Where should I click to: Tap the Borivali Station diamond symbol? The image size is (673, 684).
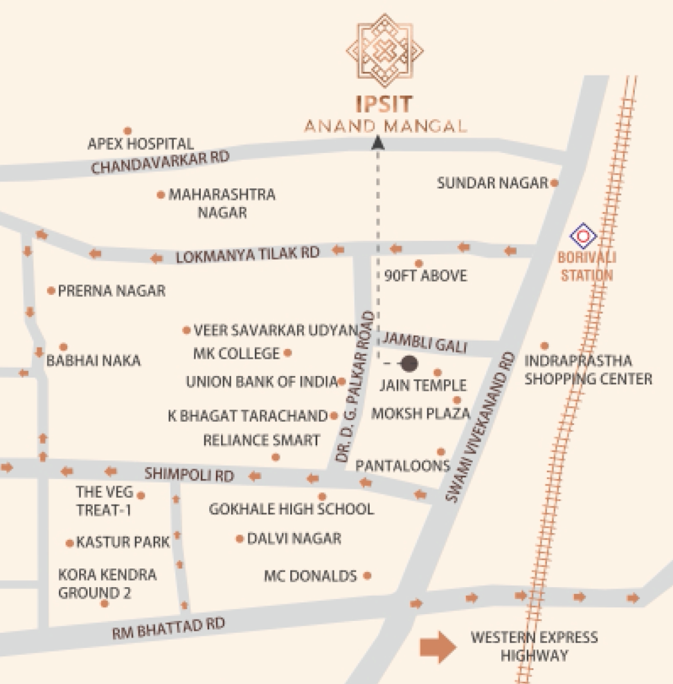pos(583,237)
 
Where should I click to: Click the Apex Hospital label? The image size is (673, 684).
pos(141,144)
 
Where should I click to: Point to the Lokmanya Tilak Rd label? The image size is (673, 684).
pos(247,255)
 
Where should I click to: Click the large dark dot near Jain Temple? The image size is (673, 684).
pos(410,363)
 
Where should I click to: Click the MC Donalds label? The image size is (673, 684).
pos(311,576)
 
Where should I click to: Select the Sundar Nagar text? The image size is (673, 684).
pos(493,183)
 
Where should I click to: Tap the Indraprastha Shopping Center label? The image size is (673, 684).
pos(588,370)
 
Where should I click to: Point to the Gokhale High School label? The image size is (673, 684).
pos(291,510)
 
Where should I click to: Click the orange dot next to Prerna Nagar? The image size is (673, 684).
pos(51,291)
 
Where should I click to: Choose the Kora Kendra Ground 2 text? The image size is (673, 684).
pos(107,584)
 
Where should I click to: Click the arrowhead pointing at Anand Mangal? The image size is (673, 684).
pos(377,143)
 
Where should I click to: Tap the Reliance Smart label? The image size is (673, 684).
pos(261,440)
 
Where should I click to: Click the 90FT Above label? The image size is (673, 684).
pos(425,276)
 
